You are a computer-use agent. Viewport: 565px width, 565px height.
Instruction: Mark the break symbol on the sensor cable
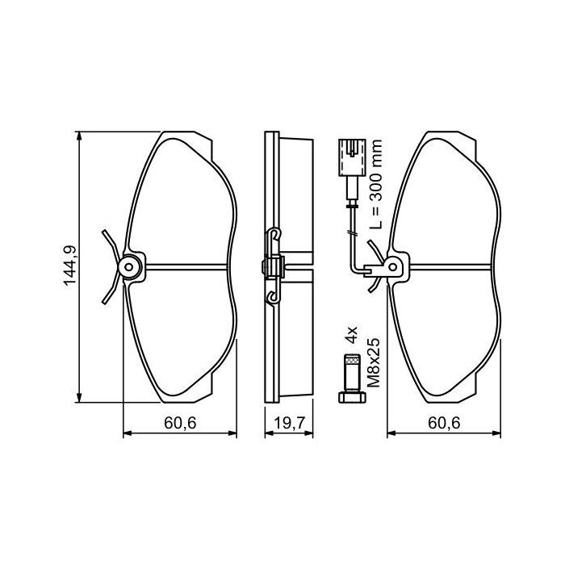[351, 233]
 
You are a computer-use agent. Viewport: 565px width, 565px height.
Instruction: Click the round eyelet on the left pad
[128, 266]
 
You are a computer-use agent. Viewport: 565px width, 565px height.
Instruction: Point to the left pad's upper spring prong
[110, 241]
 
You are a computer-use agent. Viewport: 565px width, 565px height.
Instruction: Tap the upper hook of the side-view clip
[274, 236]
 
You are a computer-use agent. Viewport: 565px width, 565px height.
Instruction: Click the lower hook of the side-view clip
[274, 298]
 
